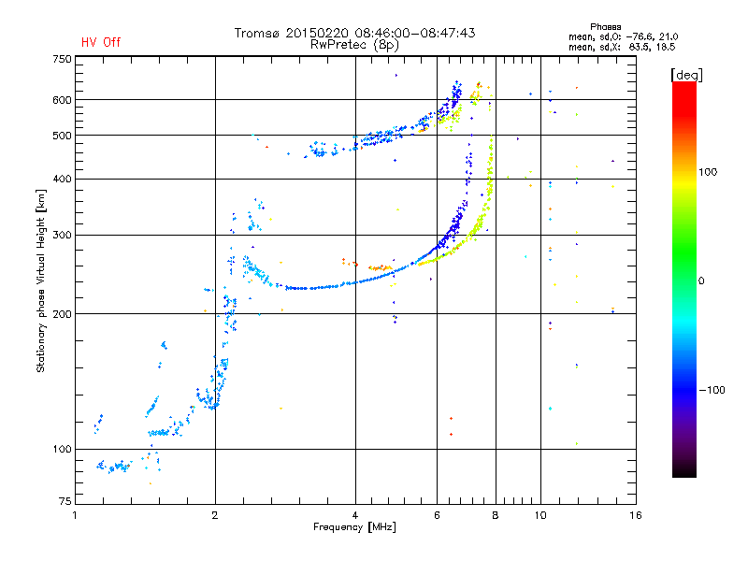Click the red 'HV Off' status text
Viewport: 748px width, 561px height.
[101, 42]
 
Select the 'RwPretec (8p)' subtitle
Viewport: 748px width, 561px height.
[354, 45]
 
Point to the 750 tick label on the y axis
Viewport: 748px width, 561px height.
[62, 59]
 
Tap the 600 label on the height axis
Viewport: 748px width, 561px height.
[62, 100]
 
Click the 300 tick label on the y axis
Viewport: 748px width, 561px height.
[62, 236]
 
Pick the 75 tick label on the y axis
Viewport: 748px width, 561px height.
[65, 501]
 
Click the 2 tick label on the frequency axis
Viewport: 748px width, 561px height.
[215, 515]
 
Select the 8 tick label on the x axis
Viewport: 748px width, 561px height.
[496, 515]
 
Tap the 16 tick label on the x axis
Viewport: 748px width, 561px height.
[636, 515]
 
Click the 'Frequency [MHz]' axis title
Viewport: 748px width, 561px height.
[354, 527]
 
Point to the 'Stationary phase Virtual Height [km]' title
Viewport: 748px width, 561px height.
[41, 281]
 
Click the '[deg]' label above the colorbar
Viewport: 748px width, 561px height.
[686, 76]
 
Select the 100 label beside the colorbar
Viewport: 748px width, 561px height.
[708, 172]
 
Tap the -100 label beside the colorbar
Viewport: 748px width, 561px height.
[712, 390]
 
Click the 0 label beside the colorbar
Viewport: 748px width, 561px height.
[701, 281]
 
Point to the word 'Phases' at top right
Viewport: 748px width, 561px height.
[605, 27]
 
